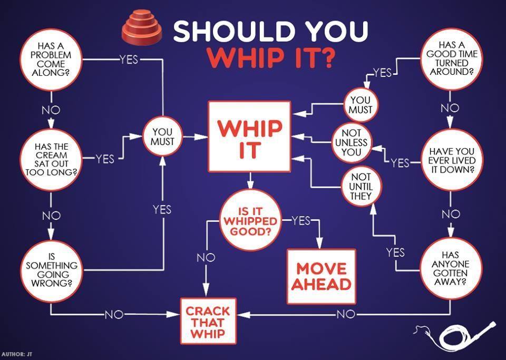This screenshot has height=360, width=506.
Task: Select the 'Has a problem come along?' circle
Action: (51, 59)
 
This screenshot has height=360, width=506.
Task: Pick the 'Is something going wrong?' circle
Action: (51, 270)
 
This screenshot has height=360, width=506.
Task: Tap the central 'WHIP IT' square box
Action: (250, 137)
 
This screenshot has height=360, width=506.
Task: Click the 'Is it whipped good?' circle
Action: (250, 220)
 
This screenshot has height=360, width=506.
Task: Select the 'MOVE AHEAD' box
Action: (321, 276)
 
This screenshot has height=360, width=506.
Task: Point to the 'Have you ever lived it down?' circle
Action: (451, 160)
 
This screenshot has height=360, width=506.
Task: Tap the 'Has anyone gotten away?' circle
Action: (450, 267)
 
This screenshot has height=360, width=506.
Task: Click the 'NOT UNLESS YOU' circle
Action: (351, 143)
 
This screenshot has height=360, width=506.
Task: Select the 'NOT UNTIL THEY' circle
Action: (361, 186)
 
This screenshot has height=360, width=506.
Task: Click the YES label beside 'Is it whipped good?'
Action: (301, 221)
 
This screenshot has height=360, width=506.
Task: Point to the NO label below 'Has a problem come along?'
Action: (51, 110)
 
